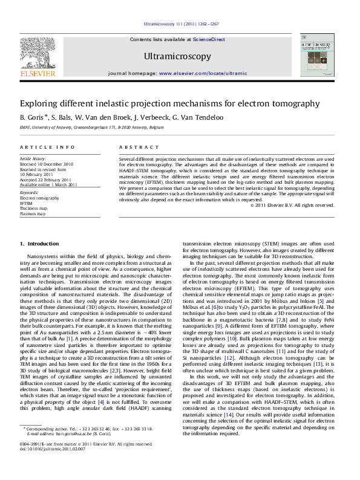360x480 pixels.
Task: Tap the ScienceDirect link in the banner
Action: coord(209,39)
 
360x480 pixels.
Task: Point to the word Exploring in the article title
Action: coord(41,103)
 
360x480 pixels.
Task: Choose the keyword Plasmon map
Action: coord(33,213)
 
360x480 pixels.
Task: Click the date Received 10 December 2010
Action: coord(47,164)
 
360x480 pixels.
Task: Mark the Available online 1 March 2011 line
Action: coord(48,184)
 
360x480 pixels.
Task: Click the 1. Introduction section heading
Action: coord(39,244)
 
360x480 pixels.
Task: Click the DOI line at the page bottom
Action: coord(54,465)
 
